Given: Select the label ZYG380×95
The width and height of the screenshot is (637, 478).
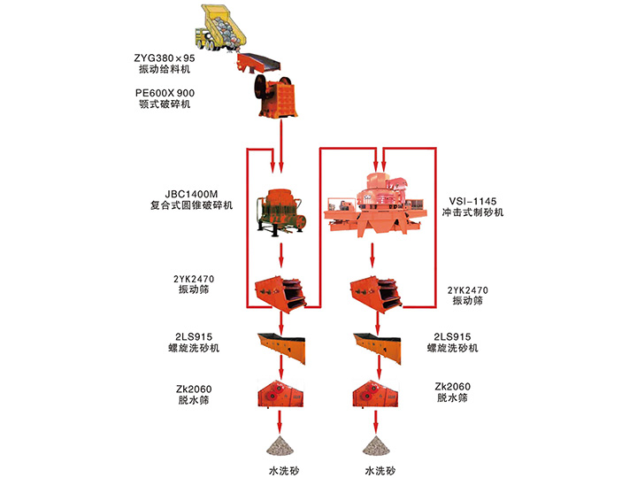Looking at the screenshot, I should (166, 58).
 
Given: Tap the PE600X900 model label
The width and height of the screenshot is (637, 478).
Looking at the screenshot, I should (166, 92).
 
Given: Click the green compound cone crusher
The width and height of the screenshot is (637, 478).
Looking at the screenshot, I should (281, 211).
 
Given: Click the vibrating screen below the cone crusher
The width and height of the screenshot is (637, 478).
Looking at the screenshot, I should (280, 293).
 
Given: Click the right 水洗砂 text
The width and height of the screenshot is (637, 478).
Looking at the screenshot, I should (378, 469).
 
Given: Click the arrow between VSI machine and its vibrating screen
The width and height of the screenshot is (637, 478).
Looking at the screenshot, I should (372, 258).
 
